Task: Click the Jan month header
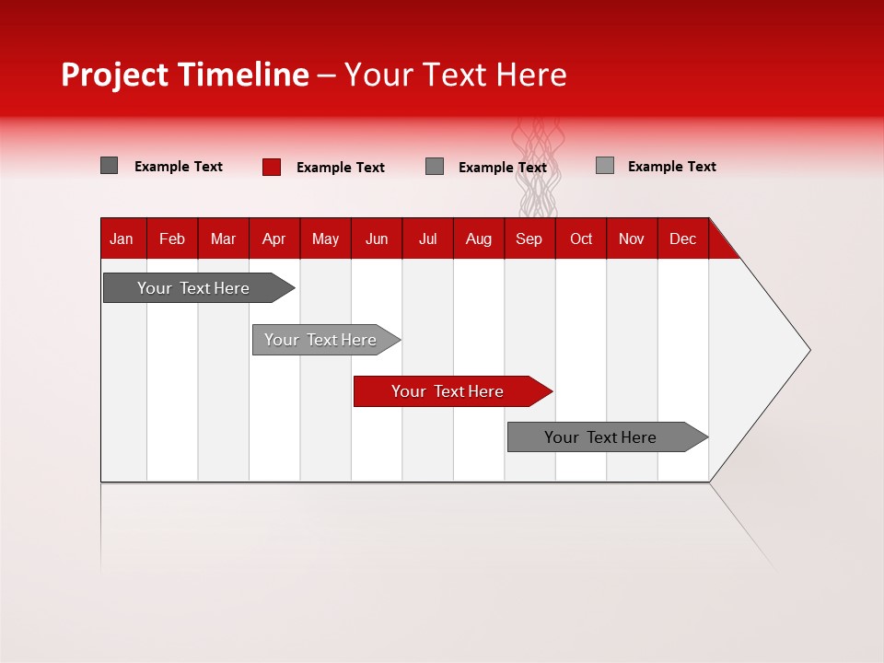[122, 238]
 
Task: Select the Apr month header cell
[273, 238]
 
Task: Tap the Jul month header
[427, 238]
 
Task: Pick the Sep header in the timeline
[529, 238]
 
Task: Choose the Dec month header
[682, 238]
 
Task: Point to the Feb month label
[172, 238]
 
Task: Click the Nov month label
[632, 238]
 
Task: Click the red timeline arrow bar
[451, 391]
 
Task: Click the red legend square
[272, 167]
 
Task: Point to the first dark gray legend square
[109, 166]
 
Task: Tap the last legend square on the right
[605, 166]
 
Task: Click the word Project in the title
[115, 75]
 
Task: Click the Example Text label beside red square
[341, 168]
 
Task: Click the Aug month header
[478, 238]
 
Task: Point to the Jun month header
[377, 238]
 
